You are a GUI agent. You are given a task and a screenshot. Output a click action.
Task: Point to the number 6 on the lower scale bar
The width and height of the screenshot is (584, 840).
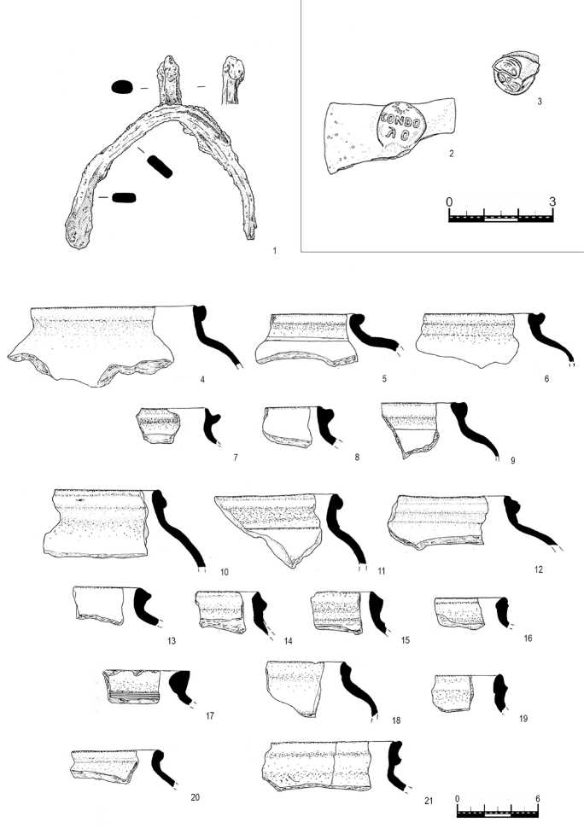(538, 798)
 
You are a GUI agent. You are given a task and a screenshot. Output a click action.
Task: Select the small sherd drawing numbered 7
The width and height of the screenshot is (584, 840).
(158, 425)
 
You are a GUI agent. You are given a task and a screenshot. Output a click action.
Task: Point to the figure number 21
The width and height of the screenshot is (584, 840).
(427, 800)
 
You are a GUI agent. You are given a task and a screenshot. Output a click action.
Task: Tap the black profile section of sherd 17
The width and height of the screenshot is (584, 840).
(182, 686)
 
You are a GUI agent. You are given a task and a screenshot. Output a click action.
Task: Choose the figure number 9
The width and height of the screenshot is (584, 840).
(512, 460)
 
